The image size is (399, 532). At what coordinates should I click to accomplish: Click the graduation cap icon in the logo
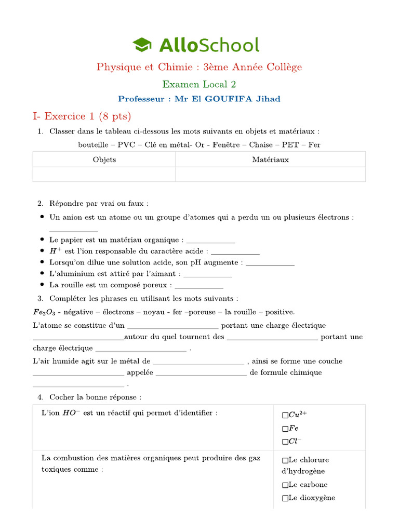tap(142, 45)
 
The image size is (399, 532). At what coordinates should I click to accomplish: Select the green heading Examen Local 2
tap(199, 84)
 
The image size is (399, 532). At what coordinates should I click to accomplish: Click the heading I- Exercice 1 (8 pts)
tap(82, 116)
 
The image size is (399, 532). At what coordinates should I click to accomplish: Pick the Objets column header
tap(104, 159)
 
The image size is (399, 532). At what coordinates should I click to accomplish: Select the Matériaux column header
tap(270, 159)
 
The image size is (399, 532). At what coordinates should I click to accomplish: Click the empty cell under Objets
tap(104, 174)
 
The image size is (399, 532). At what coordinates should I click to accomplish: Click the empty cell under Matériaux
tap(270, 174)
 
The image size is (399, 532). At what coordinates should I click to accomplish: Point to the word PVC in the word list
tap(126, 144)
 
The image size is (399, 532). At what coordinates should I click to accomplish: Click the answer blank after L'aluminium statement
tap(208, 274)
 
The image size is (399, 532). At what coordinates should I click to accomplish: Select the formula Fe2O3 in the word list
tap(44, 312)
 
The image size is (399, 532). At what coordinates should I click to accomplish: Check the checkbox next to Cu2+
tap(285, 415)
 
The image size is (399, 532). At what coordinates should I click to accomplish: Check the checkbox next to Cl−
tap(285, 442)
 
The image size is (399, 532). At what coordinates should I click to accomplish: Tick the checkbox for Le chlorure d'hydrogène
tap(285, 460)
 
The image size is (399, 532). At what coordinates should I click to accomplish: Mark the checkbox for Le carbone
tap(285, 485)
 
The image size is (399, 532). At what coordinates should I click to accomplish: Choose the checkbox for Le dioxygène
tap(285, 498)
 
